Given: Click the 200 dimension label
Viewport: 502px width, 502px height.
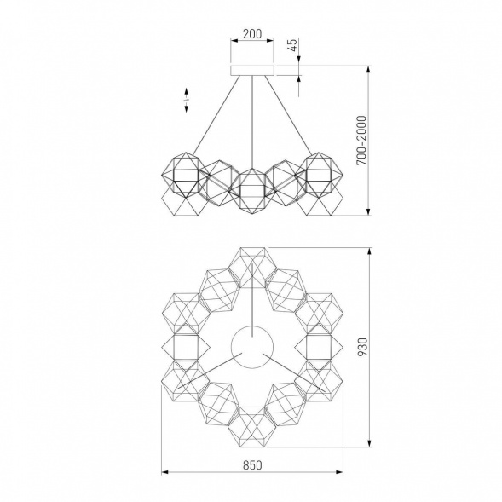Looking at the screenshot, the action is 252,33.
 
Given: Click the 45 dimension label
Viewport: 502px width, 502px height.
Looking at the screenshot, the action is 293,45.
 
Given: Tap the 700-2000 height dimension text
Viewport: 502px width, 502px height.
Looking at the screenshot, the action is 361,141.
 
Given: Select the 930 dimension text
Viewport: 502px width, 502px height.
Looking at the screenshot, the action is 362,347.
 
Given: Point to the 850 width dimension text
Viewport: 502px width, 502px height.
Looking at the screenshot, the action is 252,464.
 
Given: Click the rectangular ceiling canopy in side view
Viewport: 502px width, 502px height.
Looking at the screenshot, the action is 252,71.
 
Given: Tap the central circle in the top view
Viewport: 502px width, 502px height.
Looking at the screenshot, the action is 252,347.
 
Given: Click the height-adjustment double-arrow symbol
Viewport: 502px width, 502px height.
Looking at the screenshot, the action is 187,101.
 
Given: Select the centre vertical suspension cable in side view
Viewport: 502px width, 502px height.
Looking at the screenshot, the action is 252,122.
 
